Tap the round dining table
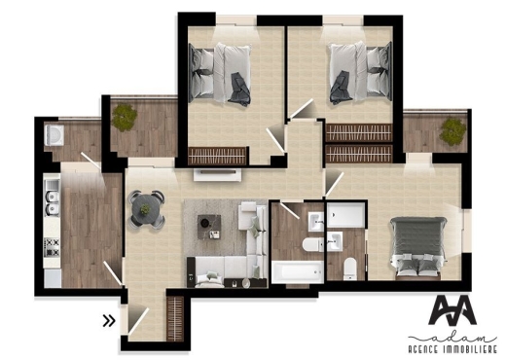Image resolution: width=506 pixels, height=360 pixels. pyautogui.click(x=146, y=206)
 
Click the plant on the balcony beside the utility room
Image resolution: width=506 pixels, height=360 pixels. pyautogui.click(x=124, y=117)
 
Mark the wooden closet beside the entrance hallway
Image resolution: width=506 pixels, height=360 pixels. pyautogui.click(x=176, y=315)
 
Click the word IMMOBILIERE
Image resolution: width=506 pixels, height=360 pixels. pyautogui.click(x=472, y=348)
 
